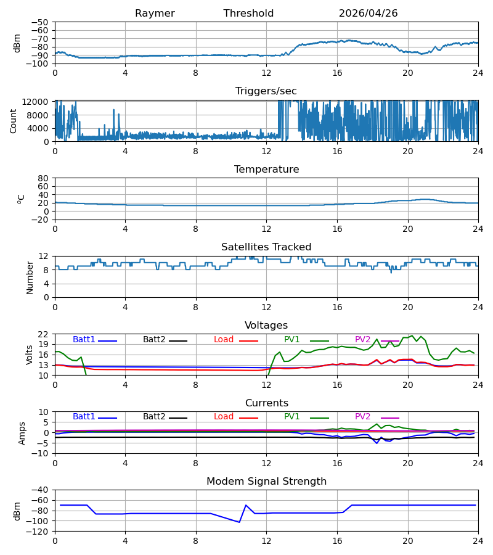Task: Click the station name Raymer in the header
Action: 155,14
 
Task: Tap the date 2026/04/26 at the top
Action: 368,14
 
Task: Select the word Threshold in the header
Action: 248,14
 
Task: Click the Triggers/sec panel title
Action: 266,91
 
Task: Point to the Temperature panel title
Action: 266,169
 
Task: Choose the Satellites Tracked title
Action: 266,247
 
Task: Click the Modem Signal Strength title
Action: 266,482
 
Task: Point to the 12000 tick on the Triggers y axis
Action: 35,102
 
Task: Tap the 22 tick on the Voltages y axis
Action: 43,334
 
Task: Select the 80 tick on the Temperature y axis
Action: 43,178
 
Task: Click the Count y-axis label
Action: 14,121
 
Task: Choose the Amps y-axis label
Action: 22,434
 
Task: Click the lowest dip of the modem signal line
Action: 240,522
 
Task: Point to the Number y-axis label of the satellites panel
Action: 30,277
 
